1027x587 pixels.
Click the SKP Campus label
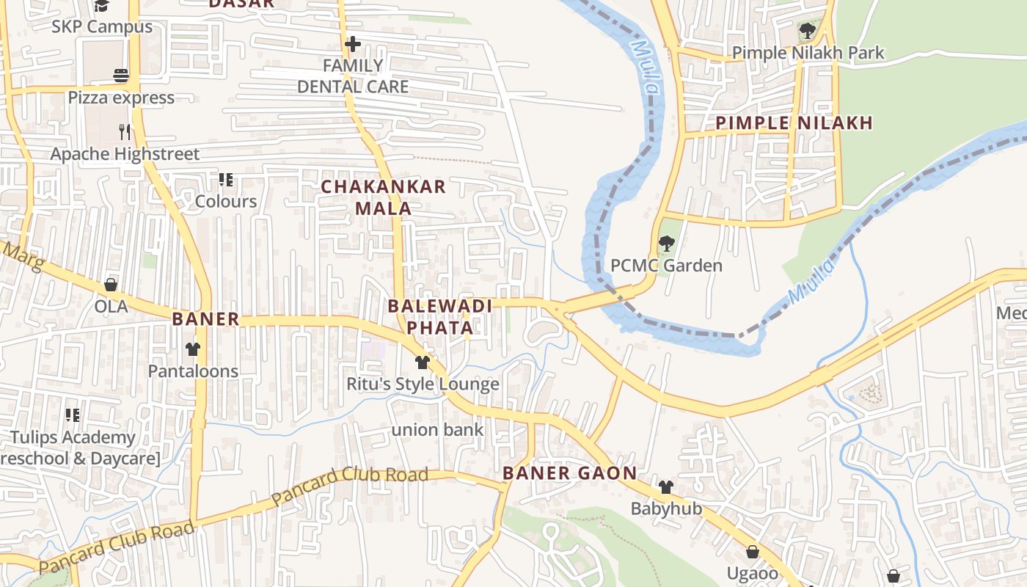[102, 27]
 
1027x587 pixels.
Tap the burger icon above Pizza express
[121, 76]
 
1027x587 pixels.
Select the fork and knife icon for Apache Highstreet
[125, 132]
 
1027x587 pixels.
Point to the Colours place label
[226, 202]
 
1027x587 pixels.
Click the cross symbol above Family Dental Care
[353, 45]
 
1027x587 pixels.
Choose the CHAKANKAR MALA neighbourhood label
[384, 197]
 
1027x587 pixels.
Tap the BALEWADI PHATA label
[440, 316]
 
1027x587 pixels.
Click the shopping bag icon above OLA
[111, 285]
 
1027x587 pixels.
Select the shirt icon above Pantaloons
[193, 349]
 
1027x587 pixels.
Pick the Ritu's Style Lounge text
[423, 384]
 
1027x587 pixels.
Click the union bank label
[437, 430]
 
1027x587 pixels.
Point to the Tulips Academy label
[73, 438]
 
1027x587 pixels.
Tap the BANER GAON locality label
[570, 473]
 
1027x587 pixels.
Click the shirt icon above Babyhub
[665, 486]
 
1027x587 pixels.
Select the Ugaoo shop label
[752, 573]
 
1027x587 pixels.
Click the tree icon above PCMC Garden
[666, 244]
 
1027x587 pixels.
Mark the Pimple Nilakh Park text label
[808, 53]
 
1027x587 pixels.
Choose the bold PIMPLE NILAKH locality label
[794, 123]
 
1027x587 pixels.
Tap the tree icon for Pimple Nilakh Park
[807, 31]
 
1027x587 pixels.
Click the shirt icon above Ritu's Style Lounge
[423, 362]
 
